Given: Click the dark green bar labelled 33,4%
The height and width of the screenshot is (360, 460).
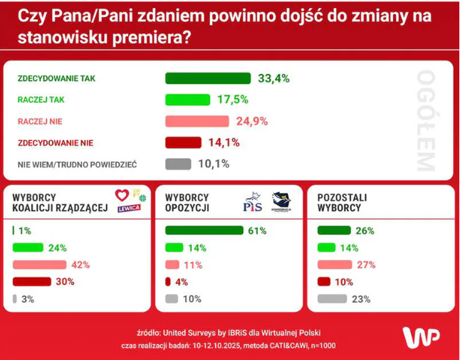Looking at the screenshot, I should (208, 78).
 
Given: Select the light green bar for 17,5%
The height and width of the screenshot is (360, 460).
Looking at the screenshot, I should (187, 100).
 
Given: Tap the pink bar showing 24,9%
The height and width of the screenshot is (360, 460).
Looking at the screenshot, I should (197, 121).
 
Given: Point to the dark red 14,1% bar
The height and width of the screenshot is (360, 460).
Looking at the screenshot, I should (183, 142).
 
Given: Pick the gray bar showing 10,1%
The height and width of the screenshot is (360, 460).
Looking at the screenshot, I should (178, 164).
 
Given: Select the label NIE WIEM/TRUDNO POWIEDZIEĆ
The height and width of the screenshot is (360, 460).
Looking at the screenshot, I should (77, 164).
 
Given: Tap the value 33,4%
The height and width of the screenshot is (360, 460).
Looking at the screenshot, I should (273, 78).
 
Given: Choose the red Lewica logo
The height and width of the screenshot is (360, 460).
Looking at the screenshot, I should (128, 202).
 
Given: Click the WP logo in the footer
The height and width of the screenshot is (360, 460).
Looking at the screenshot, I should (420, 337).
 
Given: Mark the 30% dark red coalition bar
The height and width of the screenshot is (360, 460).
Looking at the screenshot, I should (32, 282).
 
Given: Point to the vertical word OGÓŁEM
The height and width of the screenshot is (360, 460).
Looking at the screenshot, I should (424, 120).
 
